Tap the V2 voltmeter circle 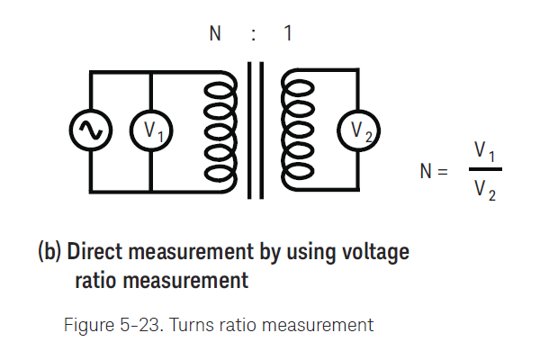(358, 132)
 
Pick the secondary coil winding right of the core (294, 132)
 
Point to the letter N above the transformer (215, 35)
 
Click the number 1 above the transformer (287, 35)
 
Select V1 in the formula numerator (485, 150)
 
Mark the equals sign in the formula (441, 170)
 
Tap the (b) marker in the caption (49, 252)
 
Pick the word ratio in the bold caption (96, 281)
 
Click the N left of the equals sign (427, 170)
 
